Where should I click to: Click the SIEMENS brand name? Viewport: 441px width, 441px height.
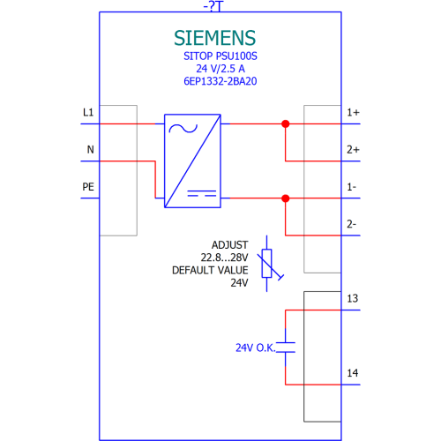coord(214,38)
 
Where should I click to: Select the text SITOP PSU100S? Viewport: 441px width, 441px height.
coord(220,56)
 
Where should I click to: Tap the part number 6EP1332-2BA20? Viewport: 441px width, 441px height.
coord(220,81)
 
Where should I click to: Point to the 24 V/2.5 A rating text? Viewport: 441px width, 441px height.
coord(220,69)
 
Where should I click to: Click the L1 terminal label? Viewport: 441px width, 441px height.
coord(88,112)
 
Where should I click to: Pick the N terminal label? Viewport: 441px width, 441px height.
coord(90,149)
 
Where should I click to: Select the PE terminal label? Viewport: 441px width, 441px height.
coord(88,187)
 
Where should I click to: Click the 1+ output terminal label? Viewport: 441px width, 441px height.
coord(353,112)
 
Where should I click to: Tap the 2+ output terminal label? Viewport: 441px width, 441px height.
coord(353,149)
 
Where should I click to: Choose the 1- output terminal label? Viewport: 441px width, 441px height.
coord(352,187)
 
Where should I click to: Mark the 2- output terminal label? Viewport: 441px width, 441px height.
coord(351,224)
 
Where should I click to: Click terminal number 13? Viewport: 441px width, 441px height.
coord(353,298)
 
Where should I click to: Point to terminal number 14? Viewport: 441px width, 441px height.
coord(353,373)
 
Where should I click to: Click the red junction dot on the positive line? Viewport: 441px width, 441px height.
coord(285,123)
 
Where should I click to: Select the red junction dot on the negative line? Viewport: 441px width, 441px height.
coord(285,198)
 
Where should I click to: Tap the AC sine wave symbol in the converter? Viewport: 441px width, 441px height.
coord(183,129)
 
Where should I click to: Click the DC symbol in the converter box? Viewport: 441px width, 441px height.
coord(202,193)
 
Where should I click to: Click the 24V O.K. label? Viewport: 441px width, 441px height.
coord(256,348)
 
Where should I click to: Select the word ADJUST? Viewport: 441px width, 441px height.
coord(230,245)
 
